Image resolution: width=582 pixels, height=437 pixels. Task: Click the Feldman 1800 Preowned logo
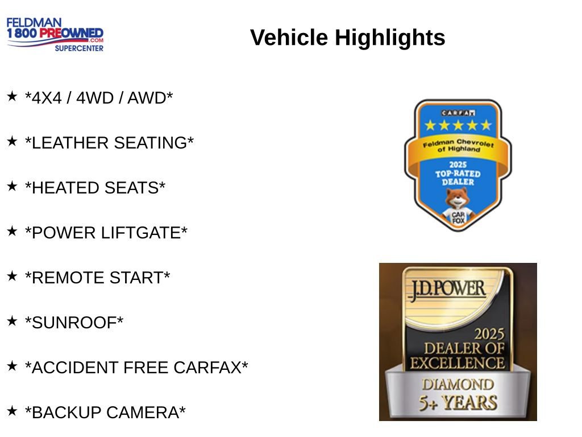click(x=55, y=34)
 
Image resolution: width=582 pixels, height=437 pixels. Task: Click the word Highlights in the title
click(x=390, y=38)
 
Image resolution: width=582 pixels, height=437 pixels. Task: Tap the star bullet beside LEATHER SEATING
click(x=12, y=141)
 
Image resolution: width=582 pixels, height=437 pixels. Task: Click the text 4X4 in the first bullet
click(x=46, y=98)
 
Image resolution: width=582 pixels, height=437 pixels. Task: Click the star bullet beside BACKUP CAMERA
click(x=12, y=410)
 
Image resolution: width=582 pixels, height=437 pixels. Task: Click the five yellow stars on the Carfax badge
click(x=458, y=125)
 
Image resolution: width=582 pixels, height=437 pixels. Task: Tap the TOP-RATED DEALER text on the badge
click(x=458, y=177)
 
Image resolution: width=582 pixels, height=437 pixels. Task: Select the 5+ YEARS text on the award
click(x=458, y=403)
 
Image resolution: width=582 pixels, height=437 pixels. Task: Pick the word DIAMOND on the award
click(x=458, y=384)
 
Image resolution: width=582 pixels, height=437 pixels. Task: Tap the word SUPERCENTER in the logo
click(x=79, y=48)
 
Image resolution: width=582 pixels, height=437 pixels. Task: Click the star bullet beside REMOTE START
click(x=12, y=276)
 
